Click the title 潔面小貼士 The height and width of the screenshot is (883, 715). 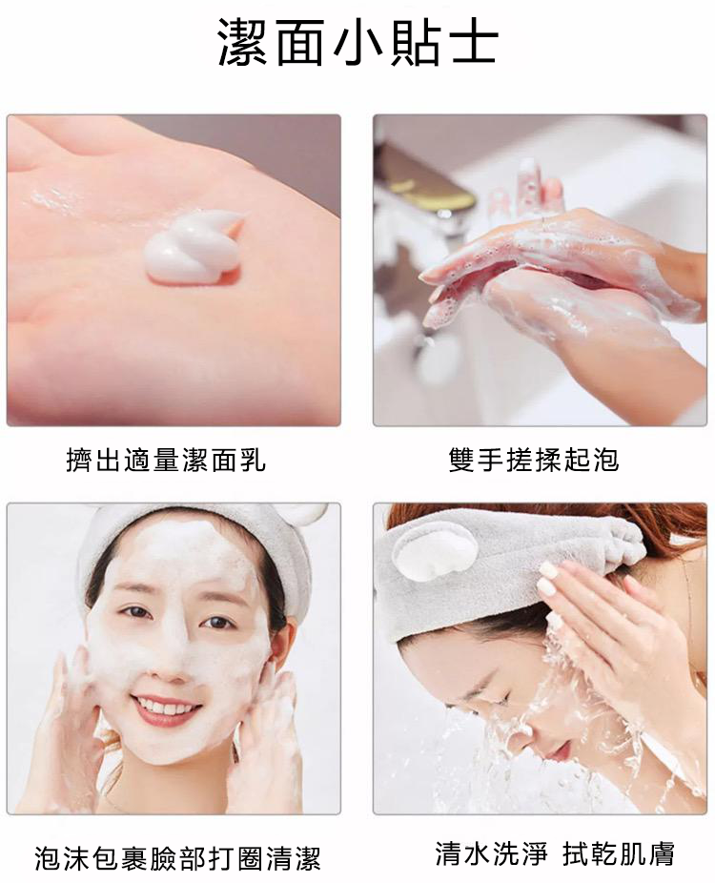pos(357,43)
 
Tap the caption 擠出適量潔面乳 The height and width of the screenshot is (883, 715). pos(166,460)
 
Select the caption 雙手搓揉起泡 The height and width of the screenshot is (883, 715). pos(534,460)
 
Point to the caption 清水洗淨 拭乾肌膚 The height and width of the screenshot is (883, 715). pos(555,853)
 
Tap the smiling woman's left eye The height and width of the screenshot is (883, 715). pos(218,623)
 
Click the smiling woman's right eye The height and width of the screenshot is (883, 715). pos(135,612)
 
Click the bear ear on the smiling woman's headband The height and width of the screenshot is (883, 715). pos(307,514)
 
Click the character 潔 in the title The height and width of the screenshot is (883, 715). pos(242,43)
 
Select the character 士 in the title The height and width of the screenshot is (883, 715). pos(472,43)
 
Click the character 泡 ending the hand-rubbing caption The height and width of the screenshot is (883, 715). pos(605,460)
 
